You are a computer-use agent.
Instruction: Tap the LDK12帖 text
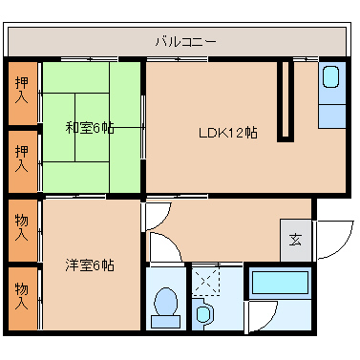(227, 133)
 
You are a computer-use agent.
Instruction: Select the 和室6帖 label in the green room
(90, 127)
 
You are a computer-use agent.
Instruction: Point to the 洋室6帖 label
(90, 265)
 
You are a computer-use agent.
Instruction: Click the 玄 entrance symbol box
(295, 240)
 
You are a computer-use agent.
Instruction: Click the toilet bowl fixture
(166, 304)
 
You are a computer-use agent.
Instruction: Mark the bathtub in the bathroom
(279, 284)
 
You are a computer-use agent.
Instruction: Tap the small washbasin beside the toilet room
(202, 312)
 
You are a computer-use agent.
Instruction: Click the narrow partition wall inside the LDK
(284, 100)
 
